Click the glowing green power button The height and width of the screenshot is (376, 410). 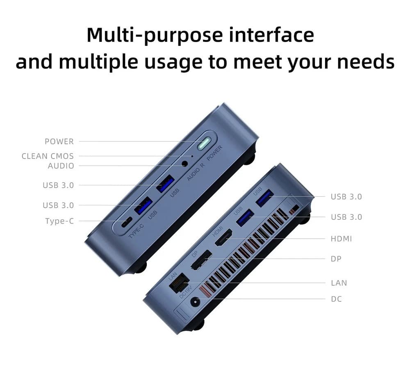(204, 144)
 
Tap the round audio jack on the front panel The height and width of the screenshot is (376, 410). (185, 164)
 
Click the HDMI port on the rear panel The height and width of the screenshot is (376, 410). (223, 237)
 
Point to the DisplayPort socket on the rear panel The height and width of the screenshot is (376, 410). (201, 260)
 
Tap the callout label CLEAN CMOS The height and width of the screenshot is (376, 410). (48, 156)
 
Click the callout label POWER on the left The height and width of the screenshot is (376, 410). (59, 141)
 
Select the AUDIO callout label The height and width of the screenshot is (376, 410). (61, 166)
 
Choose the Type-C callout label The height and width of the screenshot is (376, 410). (59, 221)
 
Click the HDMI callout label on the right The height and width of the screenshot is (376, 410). (341, 239)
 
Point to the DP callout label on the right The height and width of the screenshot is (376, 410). (336, 259)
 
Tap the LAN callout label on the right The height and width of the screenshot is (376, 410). (339, 283)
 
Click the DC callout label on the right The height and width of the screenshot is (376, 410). (336, 299)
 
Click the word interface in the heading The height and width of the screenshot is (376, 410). (271, 35)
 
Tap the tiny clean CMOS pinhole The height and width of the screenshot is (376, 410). (192, 156)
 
